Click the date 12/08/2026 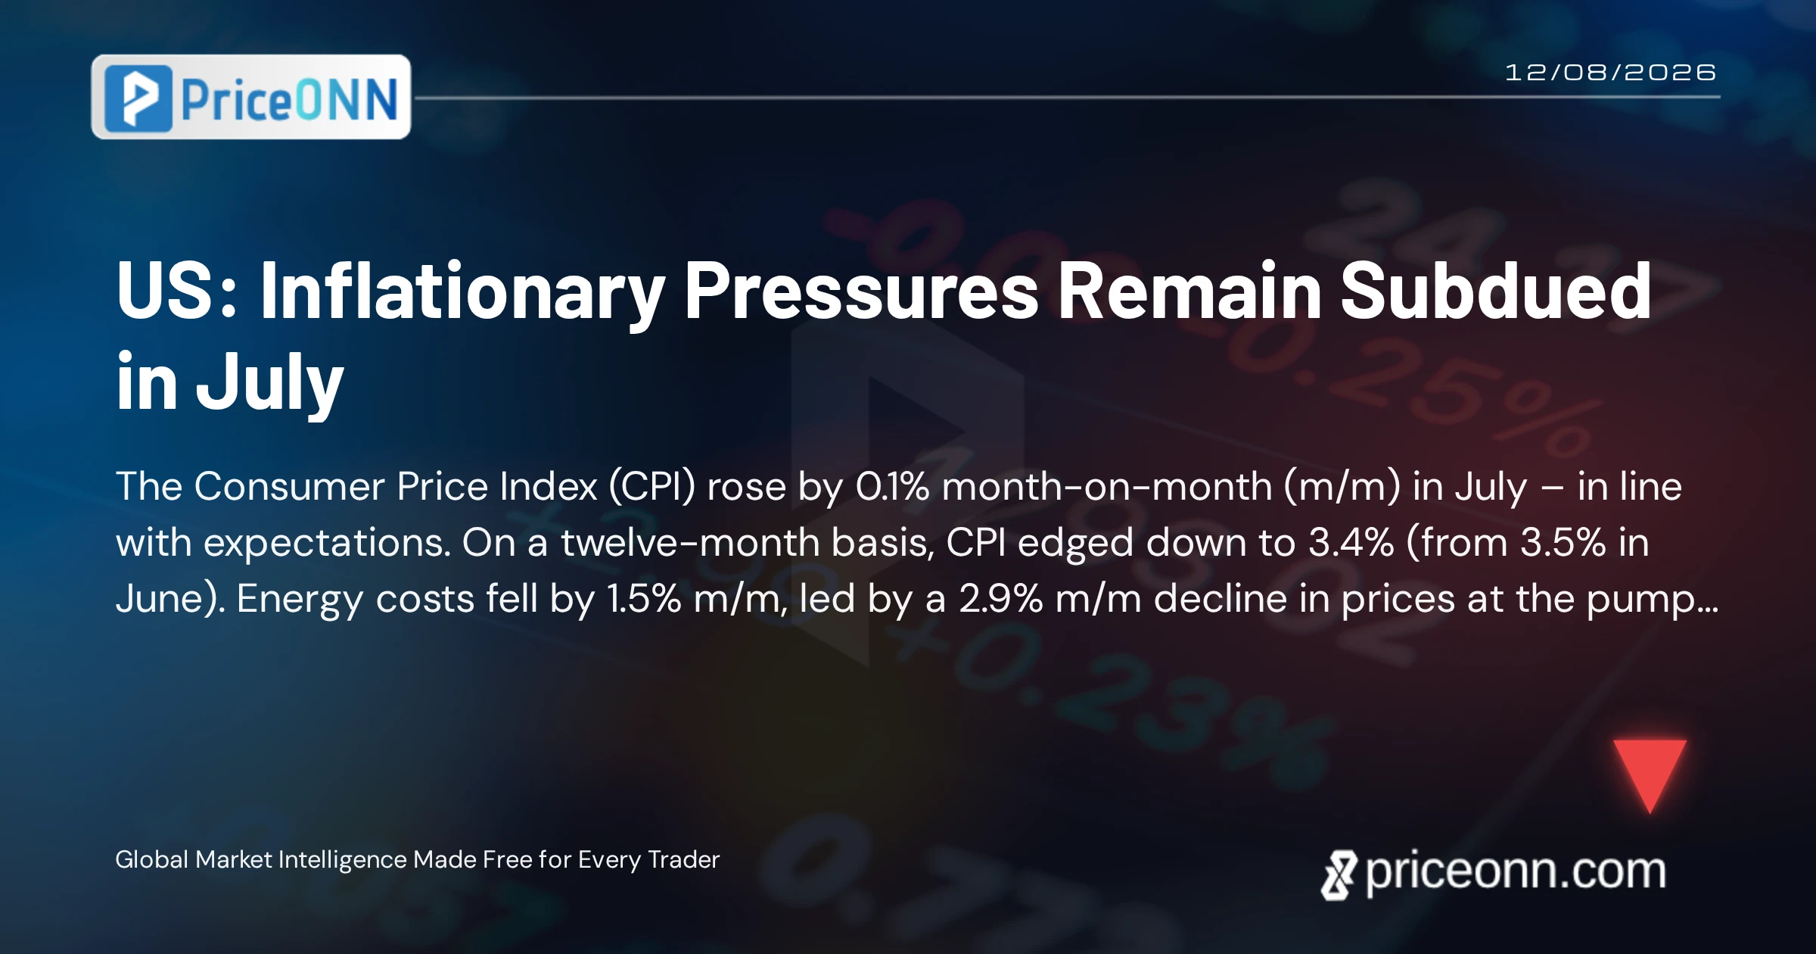tap(1610, 73)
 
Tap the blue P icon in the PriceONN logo tap(138, 98)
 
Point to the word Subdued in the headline tap(1496, 290)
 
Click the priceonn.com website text tap(1516, 871)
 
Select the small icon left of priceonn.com tap(1339, 875)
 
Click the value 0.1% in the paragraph tap(892, 486)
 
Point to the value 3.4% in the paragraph tap(1351, 543)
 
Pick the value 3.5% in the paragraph tap(1563, 543)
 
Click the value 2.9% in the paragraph tap(1001, 599)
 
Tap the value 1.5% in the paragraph tap(644, 599)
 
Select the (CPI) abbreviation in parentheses tap(652, 487)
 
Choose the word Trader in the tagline tap(684, 859)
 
